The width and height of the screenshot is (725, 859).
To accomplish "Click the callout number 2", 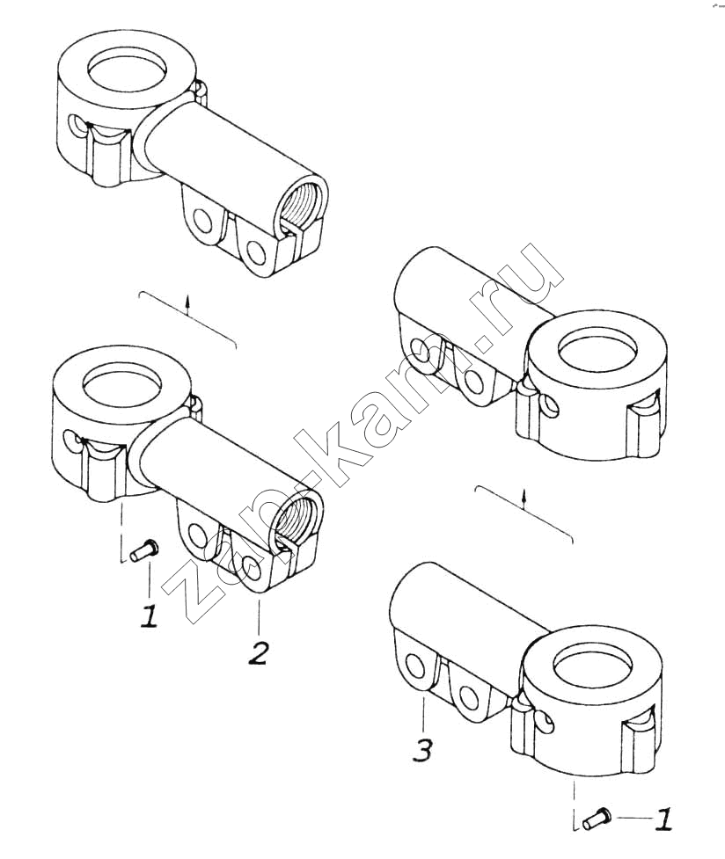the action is tap(258, 653).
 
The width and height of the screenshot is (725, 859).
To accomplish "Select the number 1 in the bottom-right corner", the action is tap(663, 820).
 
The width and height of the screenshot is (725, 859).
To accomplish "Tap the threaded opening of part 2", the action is tap(297, 521).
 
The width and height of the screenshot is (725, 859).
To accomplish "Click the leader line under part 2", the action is tap(259, 616).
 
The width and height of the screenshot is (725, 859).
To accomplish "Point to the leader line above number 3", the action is tap(423, 711).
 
